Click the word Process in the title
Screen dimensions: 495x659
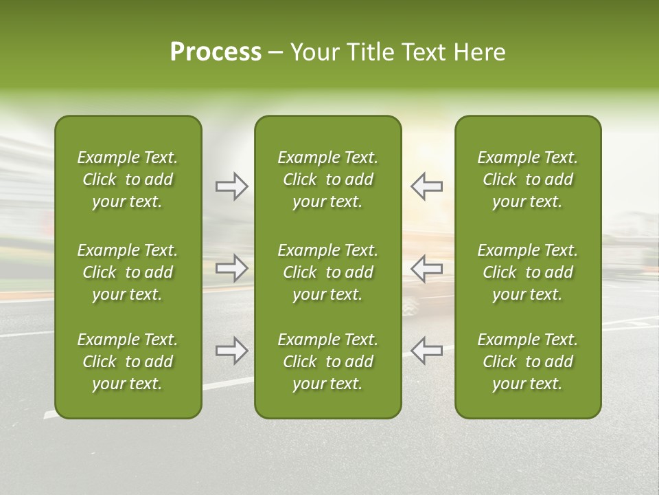216,52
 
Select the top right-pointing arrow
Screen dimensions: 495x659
231,186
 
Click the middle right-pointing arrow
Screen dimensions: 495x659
231,268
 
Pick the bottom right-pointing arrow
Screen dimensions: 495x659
231,351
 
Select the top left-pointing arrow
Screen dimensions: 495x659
426,186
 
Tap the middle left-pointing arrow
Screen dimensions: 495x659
426,268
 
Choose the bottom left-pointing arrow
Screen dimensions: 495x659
426,351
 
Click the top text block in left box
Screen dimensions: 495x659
128,179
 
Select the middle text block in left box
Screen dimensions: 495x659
128,272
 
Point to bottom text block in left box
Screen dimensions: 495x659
128,362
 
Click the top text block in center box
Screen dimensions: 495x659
327,179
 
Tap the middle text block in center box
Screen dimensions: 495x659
327,272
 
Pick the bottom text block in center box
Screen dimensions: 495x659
327,362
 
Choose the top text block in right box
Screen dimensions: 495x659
527,179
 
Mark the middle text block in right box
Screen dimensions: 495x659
527,272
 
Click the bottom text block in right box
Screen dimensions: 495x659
527,362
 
